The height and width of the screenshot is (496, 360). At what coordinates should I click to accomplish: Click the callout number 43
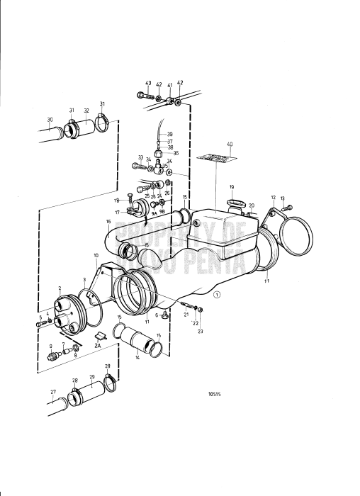point(149,84)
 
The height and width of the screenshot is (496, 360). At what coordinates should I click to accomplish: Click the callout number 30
point(50,119)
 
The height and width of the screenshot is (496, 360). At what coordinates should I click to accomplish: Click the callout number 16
point(108,222)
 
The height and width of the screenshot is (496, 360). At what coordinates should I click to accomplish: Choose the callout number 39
point(169,134)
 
